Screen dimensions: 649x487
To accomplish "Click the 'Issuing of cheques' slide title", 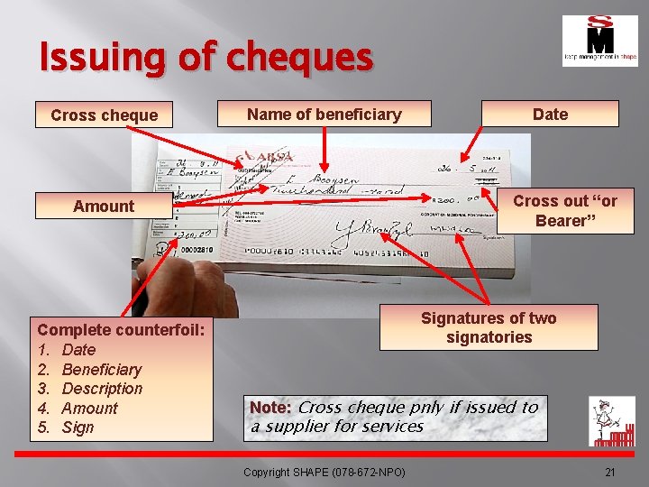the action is [206, 59].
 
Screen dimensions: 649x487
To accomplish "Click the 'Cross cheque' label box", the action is [104, 115].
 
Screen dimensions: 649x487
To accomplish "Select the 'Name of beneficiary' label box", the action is [324, 114].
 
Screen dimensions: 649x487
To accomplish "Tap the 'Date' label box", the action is [550, 114].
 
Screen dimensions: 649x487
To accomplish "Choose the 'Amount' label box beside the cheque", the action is [104, 206].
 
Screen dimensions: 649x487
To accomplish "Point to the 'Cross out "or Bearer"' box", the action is [565, 211].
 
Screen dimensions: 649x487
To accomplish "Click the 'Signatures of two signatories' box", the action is [489, 327].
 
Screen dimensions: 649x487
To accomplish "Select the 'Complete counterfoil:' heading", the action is [122, 330].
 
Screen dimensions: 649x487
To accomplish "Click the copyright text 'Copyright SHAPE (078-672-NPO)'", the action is [324, 473].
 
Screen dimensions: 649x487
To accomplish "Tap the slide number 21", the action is [609, 473].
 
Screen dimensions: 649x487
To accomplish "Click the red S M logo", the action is [599, 41].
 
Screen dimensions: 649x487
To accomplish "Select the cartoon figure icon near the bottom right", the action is [611, 421].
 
